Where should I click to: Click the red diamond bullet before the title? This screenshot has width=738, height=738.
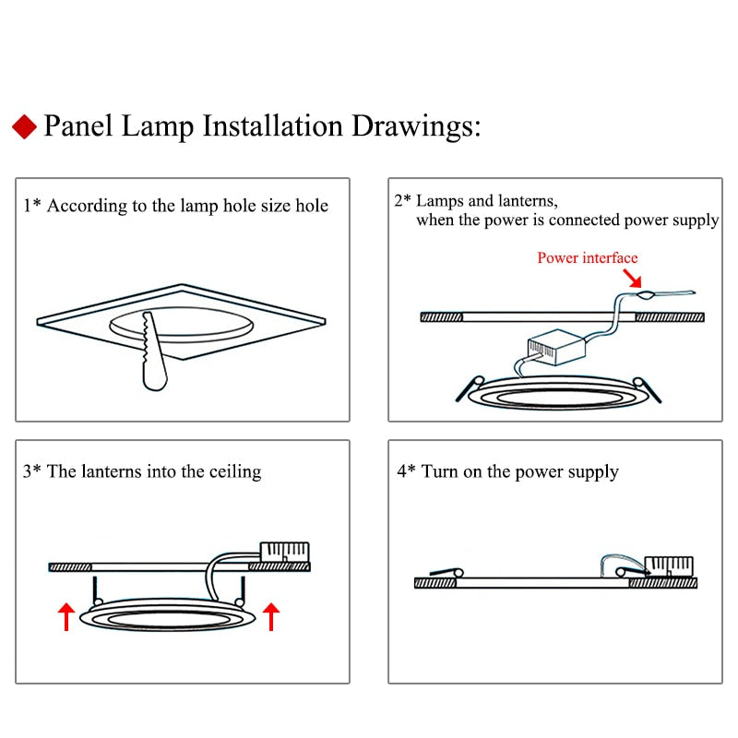[25, 126]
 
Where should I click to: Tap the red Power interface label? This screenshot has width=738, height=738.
[588, 257]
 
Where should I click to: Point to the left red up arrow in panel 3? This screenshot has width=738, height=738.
[66, 615]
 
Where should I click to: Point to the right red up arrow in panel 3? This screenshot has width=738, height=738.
[270, 615]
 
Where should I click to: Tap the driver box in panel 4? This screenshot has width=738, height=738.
[668, 565]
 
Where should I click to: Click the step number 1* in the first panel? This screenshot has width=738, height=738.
[32, 206]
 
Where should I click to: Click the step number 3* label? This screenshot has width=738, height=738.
[32, 471]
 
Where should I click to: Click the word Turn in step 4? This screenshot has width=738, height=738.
[440, 471]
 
